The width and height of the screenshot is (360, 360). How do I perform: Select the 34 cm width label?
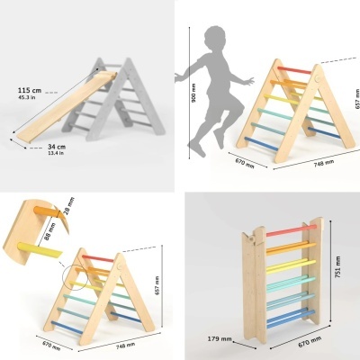[x=55, y=147]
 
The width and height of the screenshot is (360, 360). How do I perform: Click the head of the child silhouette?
[x=213, y=41]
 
